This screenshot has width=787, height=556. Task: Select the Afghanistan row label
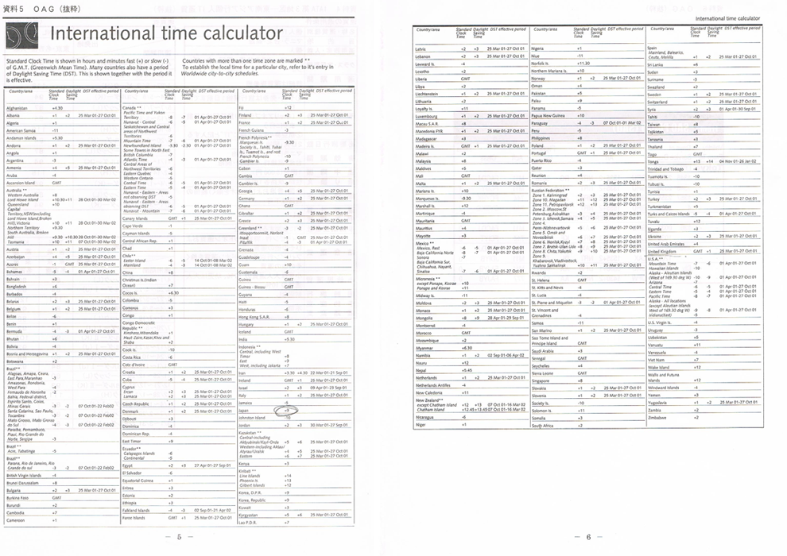(x=17, y=108)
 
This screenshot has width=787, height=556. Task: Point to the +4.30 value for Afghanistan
(x=57, y=108)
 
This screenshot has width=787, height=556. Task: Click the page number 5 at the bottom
(x=179, y=537)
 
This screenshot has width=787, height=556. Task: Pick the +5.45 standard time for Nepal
(x=466, y=370)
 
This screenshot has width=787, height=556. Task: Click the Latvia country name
(x=421, y=49)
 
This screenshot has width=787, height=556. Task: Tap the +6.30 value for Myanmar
(x=467, y=347)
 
